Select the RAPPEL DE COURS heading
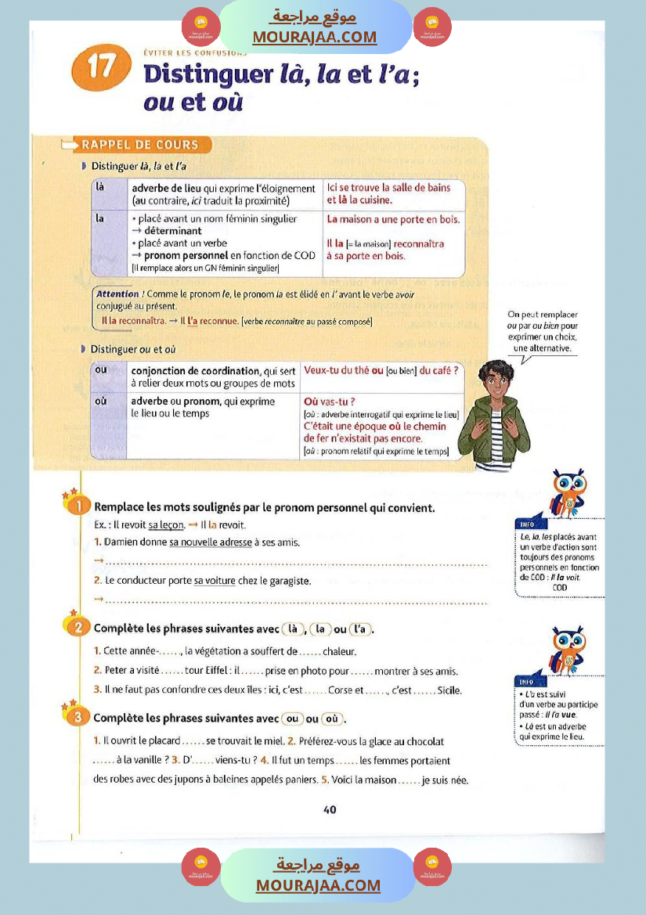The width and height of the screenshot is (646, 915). click(x=146, y=145)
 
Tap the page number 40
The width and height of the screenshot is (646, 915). click(x=330, y=809)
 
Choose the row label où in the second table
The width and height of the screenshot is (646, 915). click(x=101, y=401)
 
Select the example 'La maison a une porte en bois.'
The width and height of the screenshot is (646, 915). click(x=393, y=219)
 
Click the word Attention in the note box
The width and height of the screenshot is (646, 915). click(x=117, y=294)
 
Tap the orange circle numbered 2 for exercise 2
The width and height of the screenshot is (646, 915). click(x=79, y=628)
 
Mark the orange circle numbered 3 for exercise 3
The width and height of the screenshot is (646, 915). click(x=79, y=718)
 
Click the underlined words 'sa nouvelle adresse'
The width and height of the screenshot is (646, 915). click(x=210, y=542)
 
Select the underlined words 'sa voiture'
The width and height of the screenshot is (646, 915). click(x=215, y=581)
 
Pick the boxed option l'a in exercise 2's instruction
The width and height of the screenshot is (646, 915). click(x=360, y=629)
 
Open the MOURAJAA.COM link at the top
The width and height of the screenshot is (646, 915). click(x=314, y=37)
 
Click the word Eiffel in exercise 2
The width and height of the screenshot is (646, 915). click(x=207, y=671)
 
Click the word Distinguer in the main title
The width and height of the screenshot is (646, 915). click(x=207, y=75)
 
